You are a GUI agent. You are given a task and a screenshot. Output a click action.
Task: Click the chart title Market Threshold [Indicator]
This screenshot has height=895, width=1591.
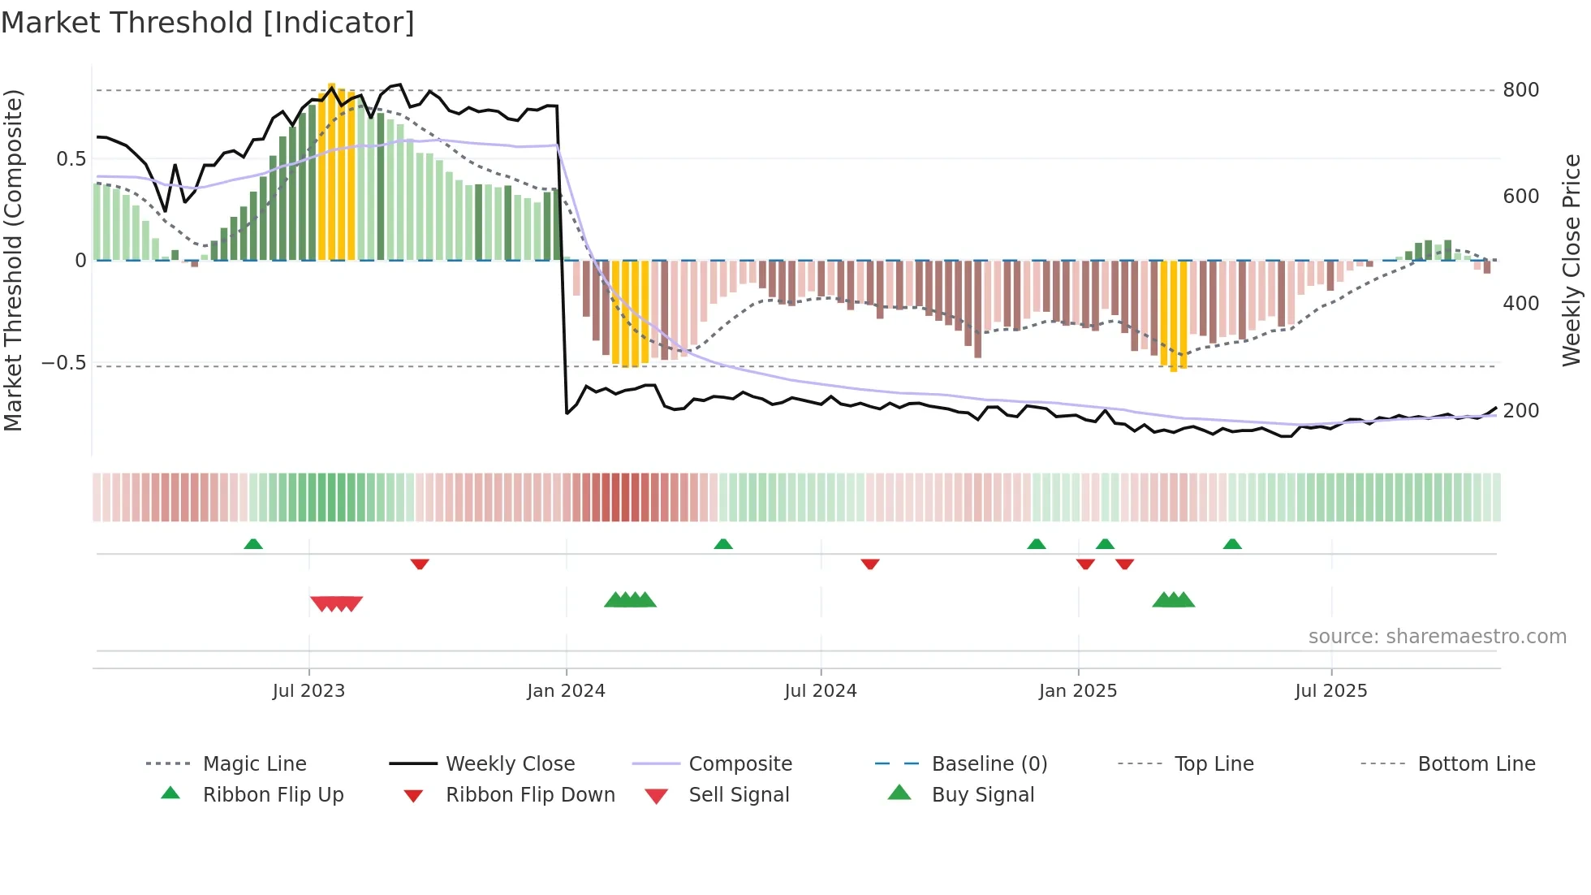(208, 23)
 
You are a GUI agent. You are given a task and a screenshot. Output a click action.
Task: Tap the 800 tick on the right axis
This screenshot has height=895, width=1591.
(1520, 90)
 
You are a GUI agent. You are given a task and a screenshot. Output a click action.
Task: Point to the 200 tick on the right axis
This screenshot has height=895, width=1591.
(1520, 411)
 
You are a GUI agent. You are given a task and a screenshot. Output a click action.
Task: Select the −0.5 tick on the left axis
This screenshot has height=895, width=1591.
(64, 363)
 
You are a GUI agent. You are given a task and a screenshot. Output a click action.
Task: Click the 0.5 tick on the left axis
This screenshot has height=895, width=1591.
(71, 159)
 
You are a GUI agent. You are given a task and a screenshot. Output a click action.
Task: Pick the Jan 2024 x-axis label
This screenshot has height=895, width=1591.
(566, 691)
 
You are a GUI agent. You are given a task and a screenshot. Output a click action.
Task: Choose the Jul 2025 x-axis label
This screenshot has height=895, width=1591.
(1330, 691)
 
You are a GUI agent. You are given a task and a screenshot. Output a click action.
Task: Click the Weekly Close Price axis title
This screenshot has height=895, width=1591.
(1572, 260)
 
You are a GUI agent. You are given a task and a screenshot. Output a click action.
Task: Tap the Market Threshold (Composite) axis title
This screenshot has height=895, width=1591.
(13, 260)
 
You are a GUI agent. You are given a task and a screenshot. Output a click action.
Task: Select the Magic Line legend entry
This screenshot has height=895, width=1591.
(254, 764)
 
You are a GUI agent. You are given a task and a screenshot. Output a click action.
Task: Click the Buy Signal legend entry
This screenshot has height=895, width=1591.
(982, 795)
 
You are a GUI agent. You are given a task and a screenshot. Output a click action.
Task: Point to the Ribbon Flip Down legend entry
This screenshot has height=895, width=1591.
(530, 795)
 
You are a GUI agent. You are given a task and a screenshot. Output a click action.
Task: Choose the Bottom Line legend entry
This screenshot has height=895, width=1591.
(1476, 764)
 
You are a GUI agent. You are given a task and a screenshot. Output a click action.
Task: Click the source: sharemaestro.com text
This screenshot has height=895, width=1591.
(1437, 637)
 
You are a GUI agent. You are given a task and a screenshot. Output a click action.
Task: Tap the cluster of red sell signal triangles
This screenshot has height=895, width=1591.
(336, 603)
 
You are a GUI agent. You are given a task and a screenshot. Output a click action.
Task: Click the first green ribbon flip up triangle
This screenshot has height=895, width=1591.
(253, 544)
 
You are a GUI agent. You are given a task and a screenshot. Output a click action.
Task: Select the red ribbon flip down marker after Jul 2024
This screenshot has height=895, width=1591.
(870, 564)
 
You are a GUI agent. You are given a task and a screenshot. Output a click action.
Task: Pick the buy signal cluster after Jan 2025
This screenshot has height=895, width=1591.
(1173, 600)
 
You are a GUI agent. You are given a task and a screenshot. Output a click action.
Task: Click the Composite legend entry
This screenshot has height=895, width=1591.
(739, 764)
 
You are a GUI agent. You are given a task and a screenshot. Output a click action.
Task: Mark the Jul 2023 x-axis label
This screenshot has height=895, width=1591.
(308, 691)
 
